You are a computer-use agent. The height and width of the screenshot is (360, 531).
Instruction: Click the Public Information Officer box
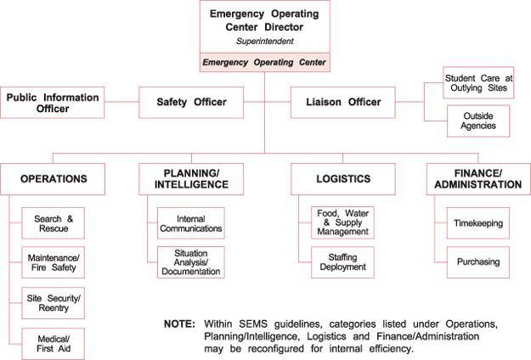[52, 103]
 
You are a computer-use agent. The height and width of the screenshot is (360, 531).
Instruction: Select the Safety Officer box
[191, 103]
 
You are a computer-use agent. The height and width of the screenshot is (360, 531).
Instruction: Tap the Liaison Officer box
[342, 103]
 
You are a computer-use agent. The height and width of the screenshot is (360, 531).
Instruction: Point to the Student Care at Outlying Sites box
[478, 83]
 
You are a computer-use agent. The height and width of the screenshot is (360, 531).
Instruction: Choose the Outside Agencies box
[478, 120]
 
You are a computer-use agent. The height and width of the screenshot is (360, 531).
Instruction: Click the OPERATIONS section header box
[54, 179]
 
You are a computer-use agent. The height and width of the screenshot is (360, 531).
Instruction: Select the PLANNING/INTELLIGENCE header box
[191, 179]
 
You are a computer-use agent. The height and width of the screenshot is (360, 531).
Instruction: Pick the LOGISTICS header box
[342, 179]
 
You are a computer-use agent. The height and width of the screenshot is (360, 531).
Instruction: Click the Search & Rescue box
[54, 223]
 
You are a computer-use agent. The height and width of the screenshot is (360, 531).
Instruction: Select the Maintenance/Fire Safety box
[54, 263]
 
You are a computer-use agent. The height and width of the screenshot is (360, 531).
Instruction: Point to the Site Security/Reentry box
[54, 303]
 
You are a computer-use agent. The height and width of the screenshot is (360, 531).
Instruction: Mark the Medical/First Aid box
[54, 343]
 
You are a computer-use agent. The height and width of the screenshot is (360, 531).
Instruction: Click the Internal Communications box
[191, 223]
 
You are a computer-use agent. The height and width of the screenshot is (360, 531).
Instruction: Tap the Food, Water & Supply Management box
[342, 223]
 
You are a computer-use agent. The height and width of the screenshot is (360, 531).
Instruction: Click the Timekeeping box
[478, 223]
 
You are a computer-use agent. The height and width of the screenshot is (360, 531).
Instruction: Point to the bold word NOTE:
[179, 324]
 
